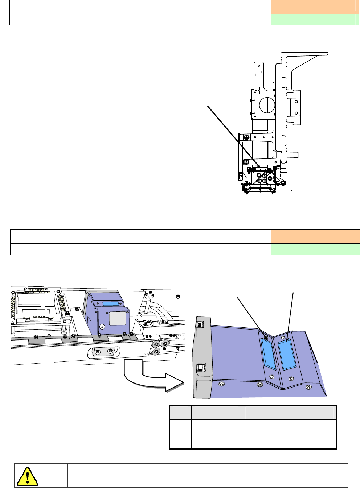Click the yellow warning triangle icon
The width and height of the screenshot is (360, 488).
coord(27,476)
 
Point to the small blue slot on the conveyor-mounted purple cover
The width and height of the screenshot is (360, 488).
coord(111,304)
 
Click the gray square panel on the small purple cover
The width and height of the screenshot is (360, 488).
coord(117,319)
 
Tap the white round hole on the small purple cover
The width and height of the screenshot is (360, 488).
coord(102,327)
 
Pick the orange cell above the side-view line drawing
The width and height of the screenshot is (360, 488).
coord(315,7)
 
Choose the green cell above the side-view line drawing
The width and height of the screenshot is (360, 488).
coord(315,20)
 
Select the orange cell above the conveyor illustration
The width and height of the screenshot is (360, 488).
coord(315,236)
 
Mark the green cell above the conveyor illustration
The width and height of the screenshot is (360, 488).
coord(315,249)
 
